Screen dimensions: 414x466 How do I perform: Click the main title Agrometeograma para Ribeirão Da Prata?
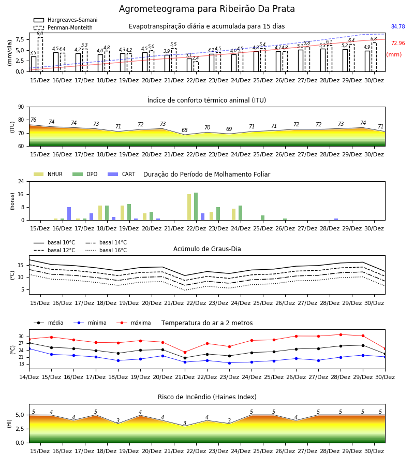click(x=206, y=9)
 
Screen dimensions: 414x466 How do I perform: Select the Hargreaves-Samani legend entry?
click(x=66, y=20)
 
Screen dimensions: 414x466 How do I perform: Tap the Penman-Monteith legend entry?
click(x=63, y=27)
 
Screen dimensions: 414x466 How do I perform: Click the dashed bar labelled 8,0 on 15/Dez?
click(x=40, y=54)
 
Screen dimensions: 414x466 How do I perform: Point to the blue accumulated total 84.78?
click(x=398, y=26)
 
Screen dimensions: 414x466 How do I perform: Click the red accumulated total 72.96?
click(x=398, y=43)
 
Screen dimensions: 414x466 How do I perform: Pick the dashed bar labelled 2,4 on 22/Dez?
click(x=196, y=66)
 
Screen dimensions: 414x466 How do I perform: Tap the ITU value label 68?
click(x=184, y=130)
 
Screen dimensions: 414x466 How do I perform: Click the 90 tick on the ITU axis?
click(x=21, y=107)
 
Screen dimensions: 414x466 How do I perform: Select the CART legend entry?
click(x=122, y=174)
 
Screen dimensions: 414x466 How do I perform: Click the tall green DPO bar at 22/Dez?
click(x=196, y=207)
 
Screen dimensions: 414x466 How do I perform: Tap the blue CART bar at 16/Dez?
click(x=69, y=214)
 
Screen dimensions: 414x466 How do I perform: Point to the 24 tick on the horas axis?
click(x=21, y=181)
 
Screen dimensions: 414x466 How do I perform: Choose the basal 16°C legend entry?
click(x=106, y=250)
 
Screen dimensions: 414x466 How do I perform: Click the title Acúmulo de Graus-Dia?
click(x=207, y=249)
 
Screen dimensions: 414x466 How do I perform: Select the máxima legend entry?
click(x=134, y=323)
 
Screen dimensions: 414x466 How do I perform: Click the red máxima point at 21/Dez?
click(x=185, y=352)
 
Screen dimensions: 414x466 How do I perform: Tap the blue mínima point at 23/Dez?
click(x=229, y=363)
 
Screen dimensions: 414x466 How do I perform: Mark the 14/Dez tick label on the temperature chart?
click(x=29, y=377)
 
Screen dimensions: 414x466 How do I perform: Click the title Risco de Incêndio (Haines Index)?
click(x=207, y=397)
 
